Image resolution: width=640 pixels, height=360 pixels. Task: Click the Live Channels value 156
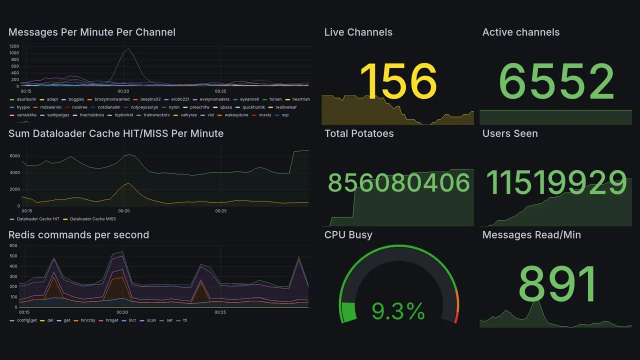[x=398, y=81]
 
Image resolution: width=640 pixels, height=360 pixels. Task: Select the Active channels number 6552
[x=556, y=81]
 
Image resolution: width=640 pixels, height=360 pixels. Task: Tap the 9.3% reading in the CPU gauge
[x=398, y=311]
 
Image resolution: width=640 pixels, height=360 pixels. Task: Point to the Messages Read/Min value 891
[x=558, y=284]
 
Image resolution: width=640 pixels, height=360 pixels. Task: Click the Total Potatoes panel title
[x=358, y=133]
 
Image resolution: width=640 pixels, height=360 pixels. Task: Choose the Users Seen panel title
[x=509, y=133]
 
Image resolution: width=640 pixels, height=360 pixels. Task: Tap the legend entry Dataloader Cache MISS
[x=92, y=219]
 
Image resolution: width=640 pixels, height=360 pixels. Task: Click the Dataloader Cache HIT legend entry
[x=37, y=219]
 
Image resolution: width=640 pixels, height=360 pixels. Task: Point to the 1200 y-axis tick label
[x=14, y=46]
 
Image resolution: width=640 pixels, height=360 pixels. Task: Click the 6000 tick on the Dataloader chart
[x=14, y=156]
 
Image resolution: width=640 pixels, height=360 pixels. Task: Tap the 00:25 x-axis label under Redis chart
[x=221, y=312]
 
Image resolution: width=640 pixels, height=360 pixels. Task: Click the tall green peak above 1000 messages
[x=128, y=49]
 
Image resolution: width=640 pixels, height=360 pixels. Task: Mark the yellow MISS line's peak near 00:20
[x=129, y=183]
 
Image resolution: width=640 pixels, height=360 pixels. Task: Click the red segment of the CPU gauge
[x=455, y=317]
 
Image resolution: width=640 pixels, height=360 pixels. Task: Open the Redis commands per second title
[x=78, y=235]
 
